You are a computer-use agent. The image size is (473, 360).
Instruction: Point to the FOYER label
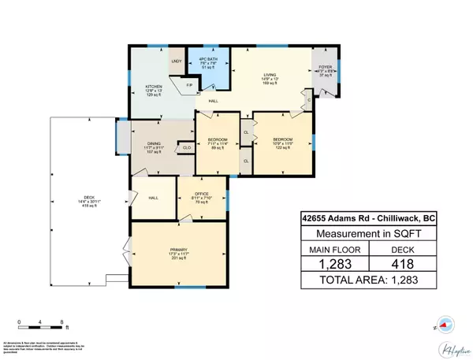325,67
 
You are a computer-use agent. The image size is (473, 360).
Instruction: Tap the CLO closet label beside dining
187,147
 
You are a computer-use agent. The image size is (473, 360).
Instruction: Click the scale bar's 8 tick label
63,322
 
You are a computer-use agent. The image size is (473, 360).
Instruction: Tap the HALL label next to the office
154,197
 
